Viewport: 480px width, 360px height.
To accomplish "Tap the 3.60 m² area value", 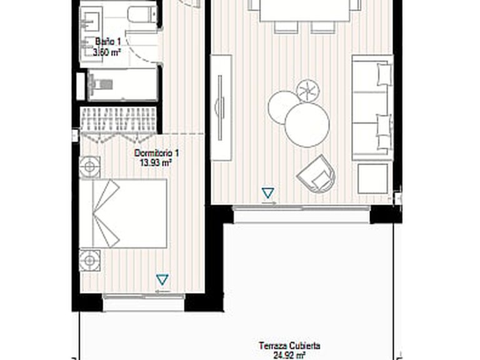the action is pos(107,52).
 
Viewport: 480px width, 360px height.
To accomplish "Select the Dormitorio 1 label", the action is pos(156,152).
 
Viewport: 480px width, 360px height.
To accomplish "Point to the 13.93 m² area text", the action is pos(155,162).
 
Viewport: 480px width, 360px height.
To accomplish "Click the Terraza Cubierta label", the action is pos(289,346).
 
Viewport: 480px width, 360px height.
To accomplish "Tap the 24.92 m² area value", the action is pos(289,356).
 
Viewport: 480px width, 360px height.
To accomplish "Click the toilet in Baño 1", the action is pos(142,15).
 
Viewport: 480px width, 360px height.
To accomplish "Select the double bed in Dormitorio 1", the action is pos(123,213).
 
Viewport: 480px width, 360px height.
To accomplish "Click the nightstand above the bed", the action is pos(90,167).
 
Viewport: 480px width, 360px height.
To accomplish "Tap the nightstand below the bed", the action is pos(90,261).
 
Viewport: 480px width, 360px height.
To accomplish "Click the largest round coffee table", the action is pos(307,125).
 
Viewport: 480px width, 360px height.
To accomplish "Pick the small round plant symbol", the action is pos(308,90).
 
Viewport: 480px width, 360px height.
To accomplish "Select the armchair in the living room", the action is pos(317,174).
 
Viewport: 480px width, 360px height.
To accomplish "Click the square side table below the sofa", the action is pos(372,179).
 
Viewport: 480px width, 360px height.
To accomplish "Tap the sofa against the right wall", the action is pos(372,107).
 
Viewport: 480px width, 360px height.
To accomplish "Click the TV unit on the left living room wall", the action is pos(221,107).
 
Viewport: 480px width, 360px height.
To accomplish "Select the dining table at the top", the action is pos(305,11).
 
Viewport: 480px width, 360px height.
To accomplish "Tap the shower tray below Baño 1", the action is pos(122,85).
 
